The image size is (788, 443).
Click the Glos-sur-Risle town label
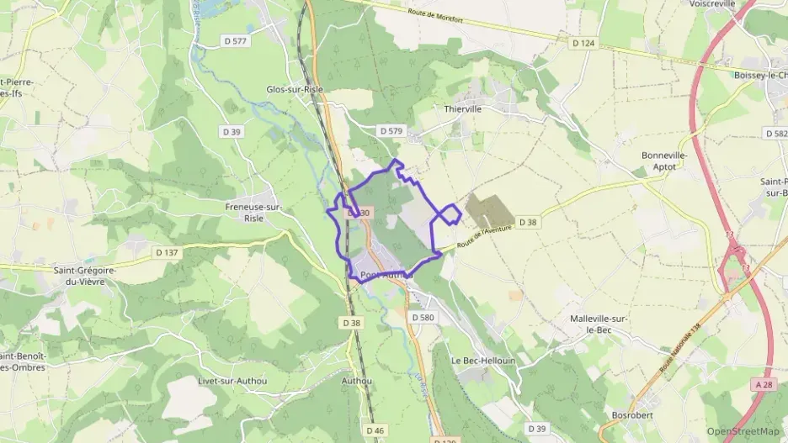point(295,89)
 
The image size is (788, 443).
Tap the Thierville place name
point(463,108)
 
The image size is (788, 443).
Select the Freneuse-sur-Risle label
point(253,212)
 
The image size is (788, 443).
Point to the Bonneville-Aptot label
point(665,161)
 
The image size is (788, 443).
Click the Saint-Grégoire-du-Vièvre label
point(84,276)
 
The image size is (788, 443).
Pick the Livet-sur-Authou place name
point(232,381)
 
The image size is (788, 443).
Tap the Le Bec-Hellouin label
point(483,360)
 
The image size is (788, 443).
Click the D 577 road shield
point(238,40)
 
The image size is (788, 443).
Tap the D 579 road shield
point(391,131)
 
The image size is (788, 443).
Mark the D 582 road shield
point(775,134)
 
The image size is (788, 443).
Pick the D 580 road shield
point(423,317)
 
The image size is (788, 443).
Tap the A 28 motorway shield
point(764,384)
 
